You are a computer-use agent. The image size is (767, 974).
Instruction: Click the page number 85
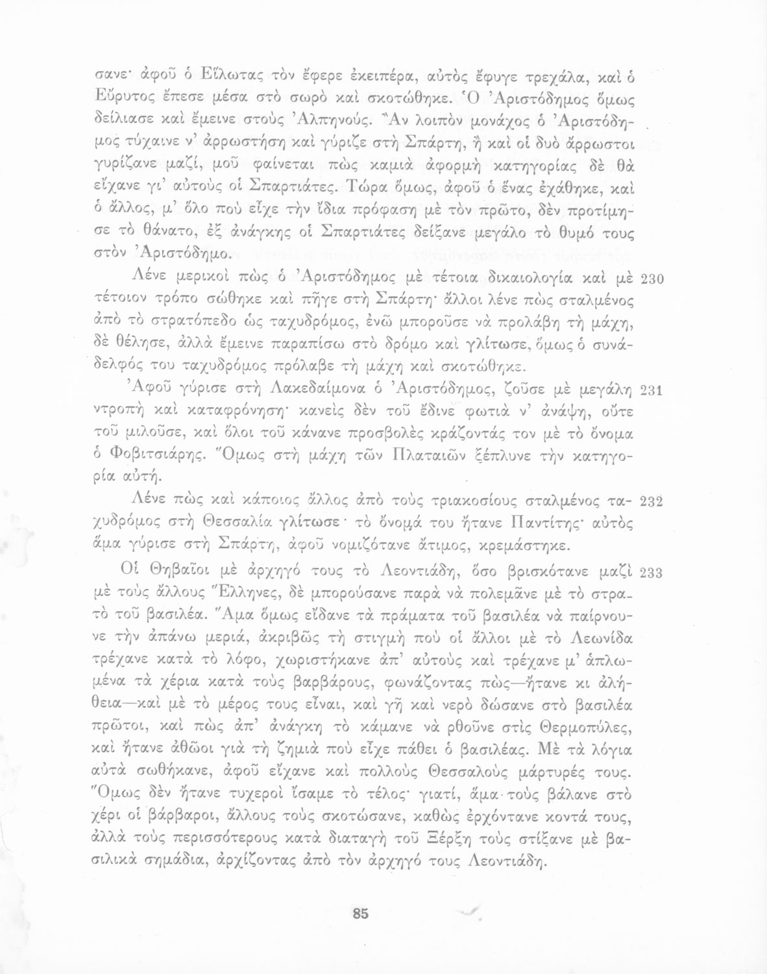coord(360,913)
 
